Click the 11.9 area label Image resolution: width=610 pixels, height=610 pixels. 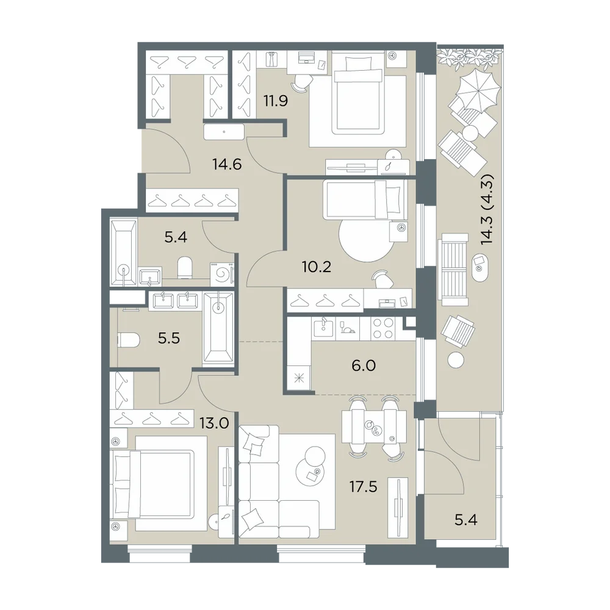click(276, 101)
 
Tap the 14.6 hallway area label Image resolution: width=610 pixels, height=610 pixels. click(227, 165)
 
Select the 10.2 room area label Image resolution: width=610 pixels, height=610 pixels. click(316, 267)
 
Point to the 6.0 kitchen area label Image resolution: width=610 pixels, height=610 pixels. click(364, 365)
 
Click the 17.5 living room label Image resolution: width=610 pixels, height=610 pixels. click(363, 486)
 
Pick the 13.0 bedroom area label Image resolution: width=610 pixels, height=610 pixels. click(214, 423)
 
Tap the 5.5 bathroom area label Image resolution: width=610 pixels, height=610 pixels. click(169, 339)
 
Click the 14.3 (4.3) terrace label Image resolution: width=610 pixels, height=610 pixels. click(487, 209)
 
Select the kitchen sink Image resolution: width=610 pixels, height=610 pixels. click(323, 328)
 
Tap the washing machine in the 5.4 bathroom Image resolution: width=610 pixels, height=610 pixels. click(222, 274)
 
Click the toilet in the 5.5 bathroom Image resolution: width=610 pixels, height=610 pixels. click(128, 341)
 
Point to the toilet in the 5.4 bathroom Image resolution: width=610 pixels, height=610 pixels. click(185, 267)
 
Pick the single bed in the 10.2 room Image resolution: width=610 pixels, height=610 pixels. click(364, 199)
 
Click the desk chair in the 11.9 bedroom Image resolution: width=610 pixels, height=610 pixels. click(301, 82)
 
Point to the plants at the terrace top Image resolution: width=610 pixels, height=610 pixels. click(470, 57)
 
